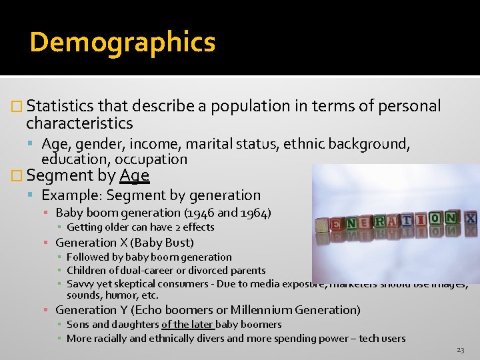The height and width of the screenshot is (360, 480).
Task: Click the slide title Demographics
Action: pos(123,42)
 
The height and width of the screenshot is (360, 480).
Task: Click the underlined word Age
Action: pos(134,175)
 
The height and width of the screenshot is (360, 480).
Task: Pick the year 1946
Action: pos(199,213)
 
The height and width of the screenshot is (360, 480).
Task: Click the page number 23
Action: pos(461,350)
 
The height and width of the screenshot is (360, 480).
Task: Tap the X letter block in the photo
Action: pos(471,218)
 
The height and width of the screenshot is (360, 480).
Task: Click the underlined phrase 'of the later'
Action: pos(188,325)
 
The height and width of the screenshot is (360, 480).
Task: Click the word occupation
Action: pos(151,159)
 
